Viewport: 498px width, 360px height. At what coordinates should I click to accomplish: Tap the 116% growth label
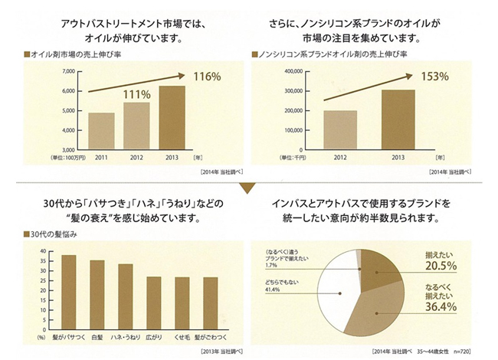[208, 77]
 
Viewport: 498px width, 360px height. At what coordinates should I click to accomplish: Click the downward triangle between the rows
[248, 186]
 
